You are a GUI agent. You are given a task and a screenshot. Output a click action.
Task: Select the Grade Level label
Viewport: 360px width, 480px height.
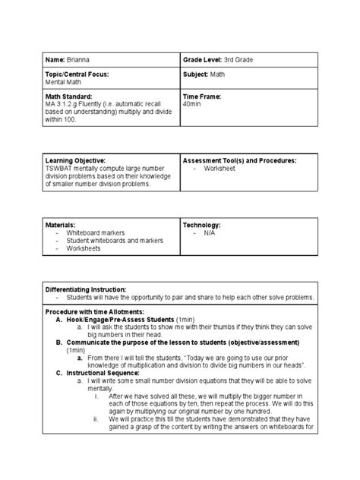click(x=205, y=58)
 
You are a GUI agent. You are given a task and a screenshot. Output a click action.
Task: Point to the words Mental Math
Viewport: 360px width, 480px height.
click(x=65, y=82)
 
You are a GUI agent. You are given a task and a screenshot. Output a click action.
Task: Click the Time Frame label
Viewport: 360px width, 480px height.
click(x=201, y=97)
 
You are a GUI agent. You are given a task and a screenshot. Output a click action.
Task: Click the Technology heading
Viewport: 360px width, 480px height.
click(x=201, y=226)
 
